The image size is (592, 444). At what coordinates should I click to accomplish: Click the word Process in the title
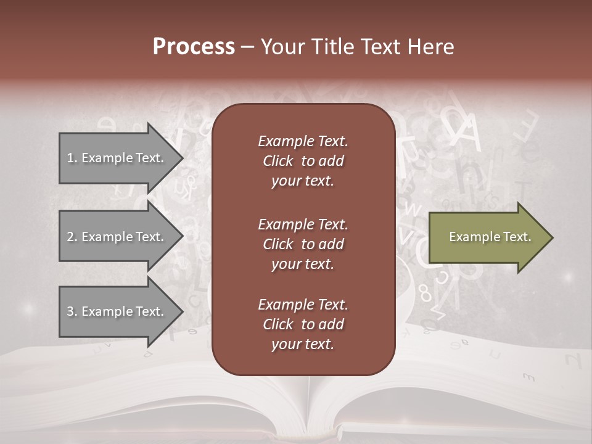click(194, 47)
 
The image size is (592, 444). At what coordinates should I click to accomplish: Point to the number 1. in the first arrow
click(72, 158)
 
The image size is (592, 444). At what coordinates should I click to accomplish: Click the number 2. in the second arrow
click(72, 237)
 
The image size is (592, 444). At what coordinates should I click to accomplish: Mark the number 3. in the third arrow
click(72, 311)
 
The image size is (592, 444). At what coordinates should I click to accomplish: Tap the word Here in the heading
click(430, 47)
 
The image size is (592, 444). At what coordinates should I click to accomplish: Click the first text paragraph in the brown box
click(303, 161)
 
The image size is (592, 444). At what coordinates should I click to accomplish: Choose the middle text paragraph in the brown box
click(303, 244)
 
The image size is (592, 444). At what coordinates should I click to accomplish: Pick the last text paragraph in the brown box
click(303, 324)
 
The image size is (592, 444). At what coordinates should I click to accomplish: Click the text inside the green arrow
click(490, 237)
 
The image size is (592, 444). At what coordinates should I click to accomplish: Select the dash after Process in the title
click(248, 47)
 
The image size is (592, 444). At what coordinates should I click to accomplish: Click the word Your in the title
click(282, 47)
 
